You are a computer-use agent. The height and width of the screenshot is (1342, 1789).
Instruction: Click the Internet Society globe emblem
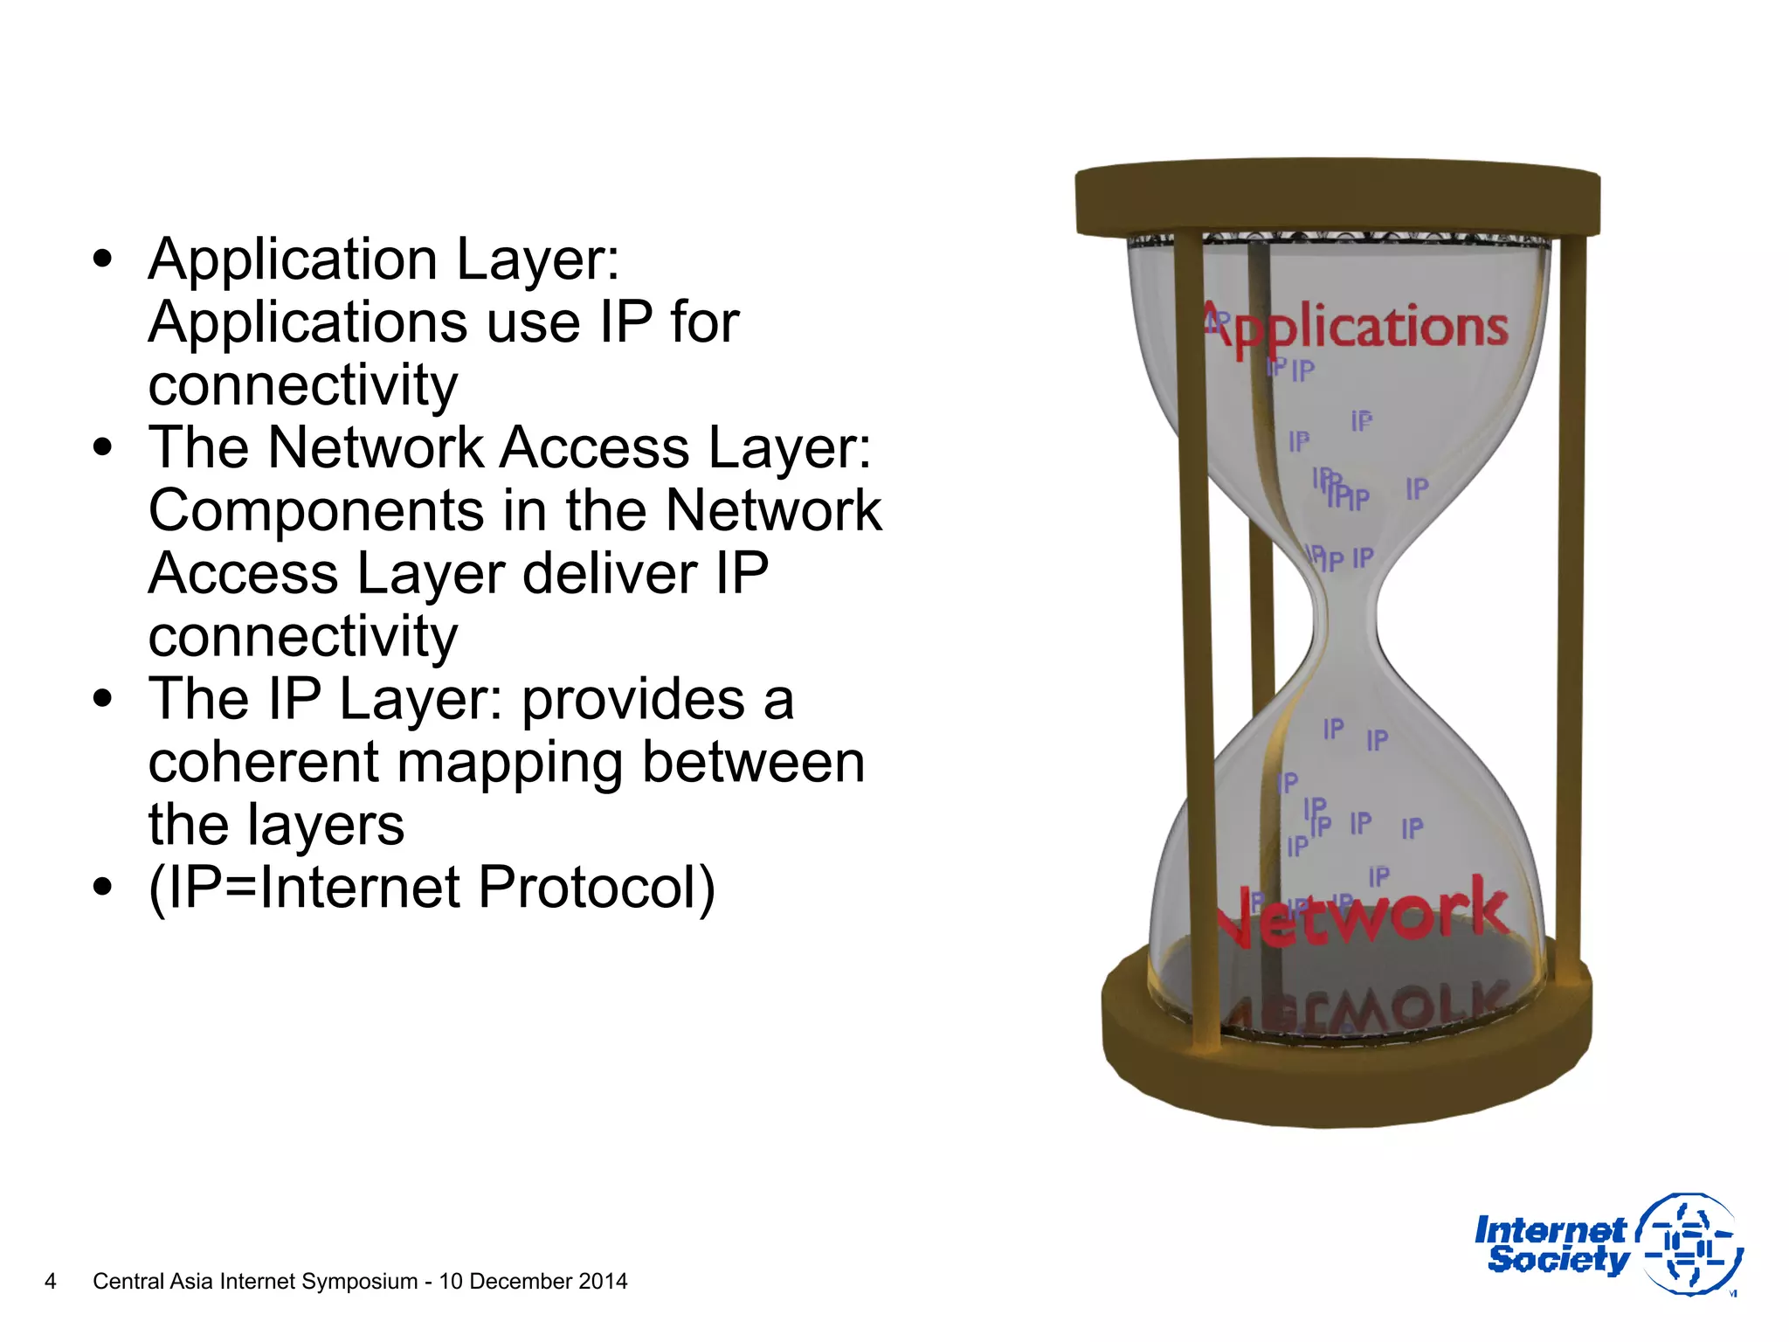[1690, 1244]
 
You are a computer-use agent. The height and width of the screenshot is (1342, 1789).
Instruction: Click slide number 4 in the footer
[51, 1281]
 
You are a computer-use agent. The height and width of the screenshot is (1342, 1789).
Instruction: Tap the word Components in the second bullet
[315, 510]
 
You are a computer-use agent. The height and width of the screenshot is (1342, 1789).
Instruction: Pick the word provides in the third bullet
[632, 701]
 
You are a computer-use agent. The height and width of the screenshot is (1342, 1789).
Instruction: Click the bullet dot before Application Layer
[103, 259]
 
